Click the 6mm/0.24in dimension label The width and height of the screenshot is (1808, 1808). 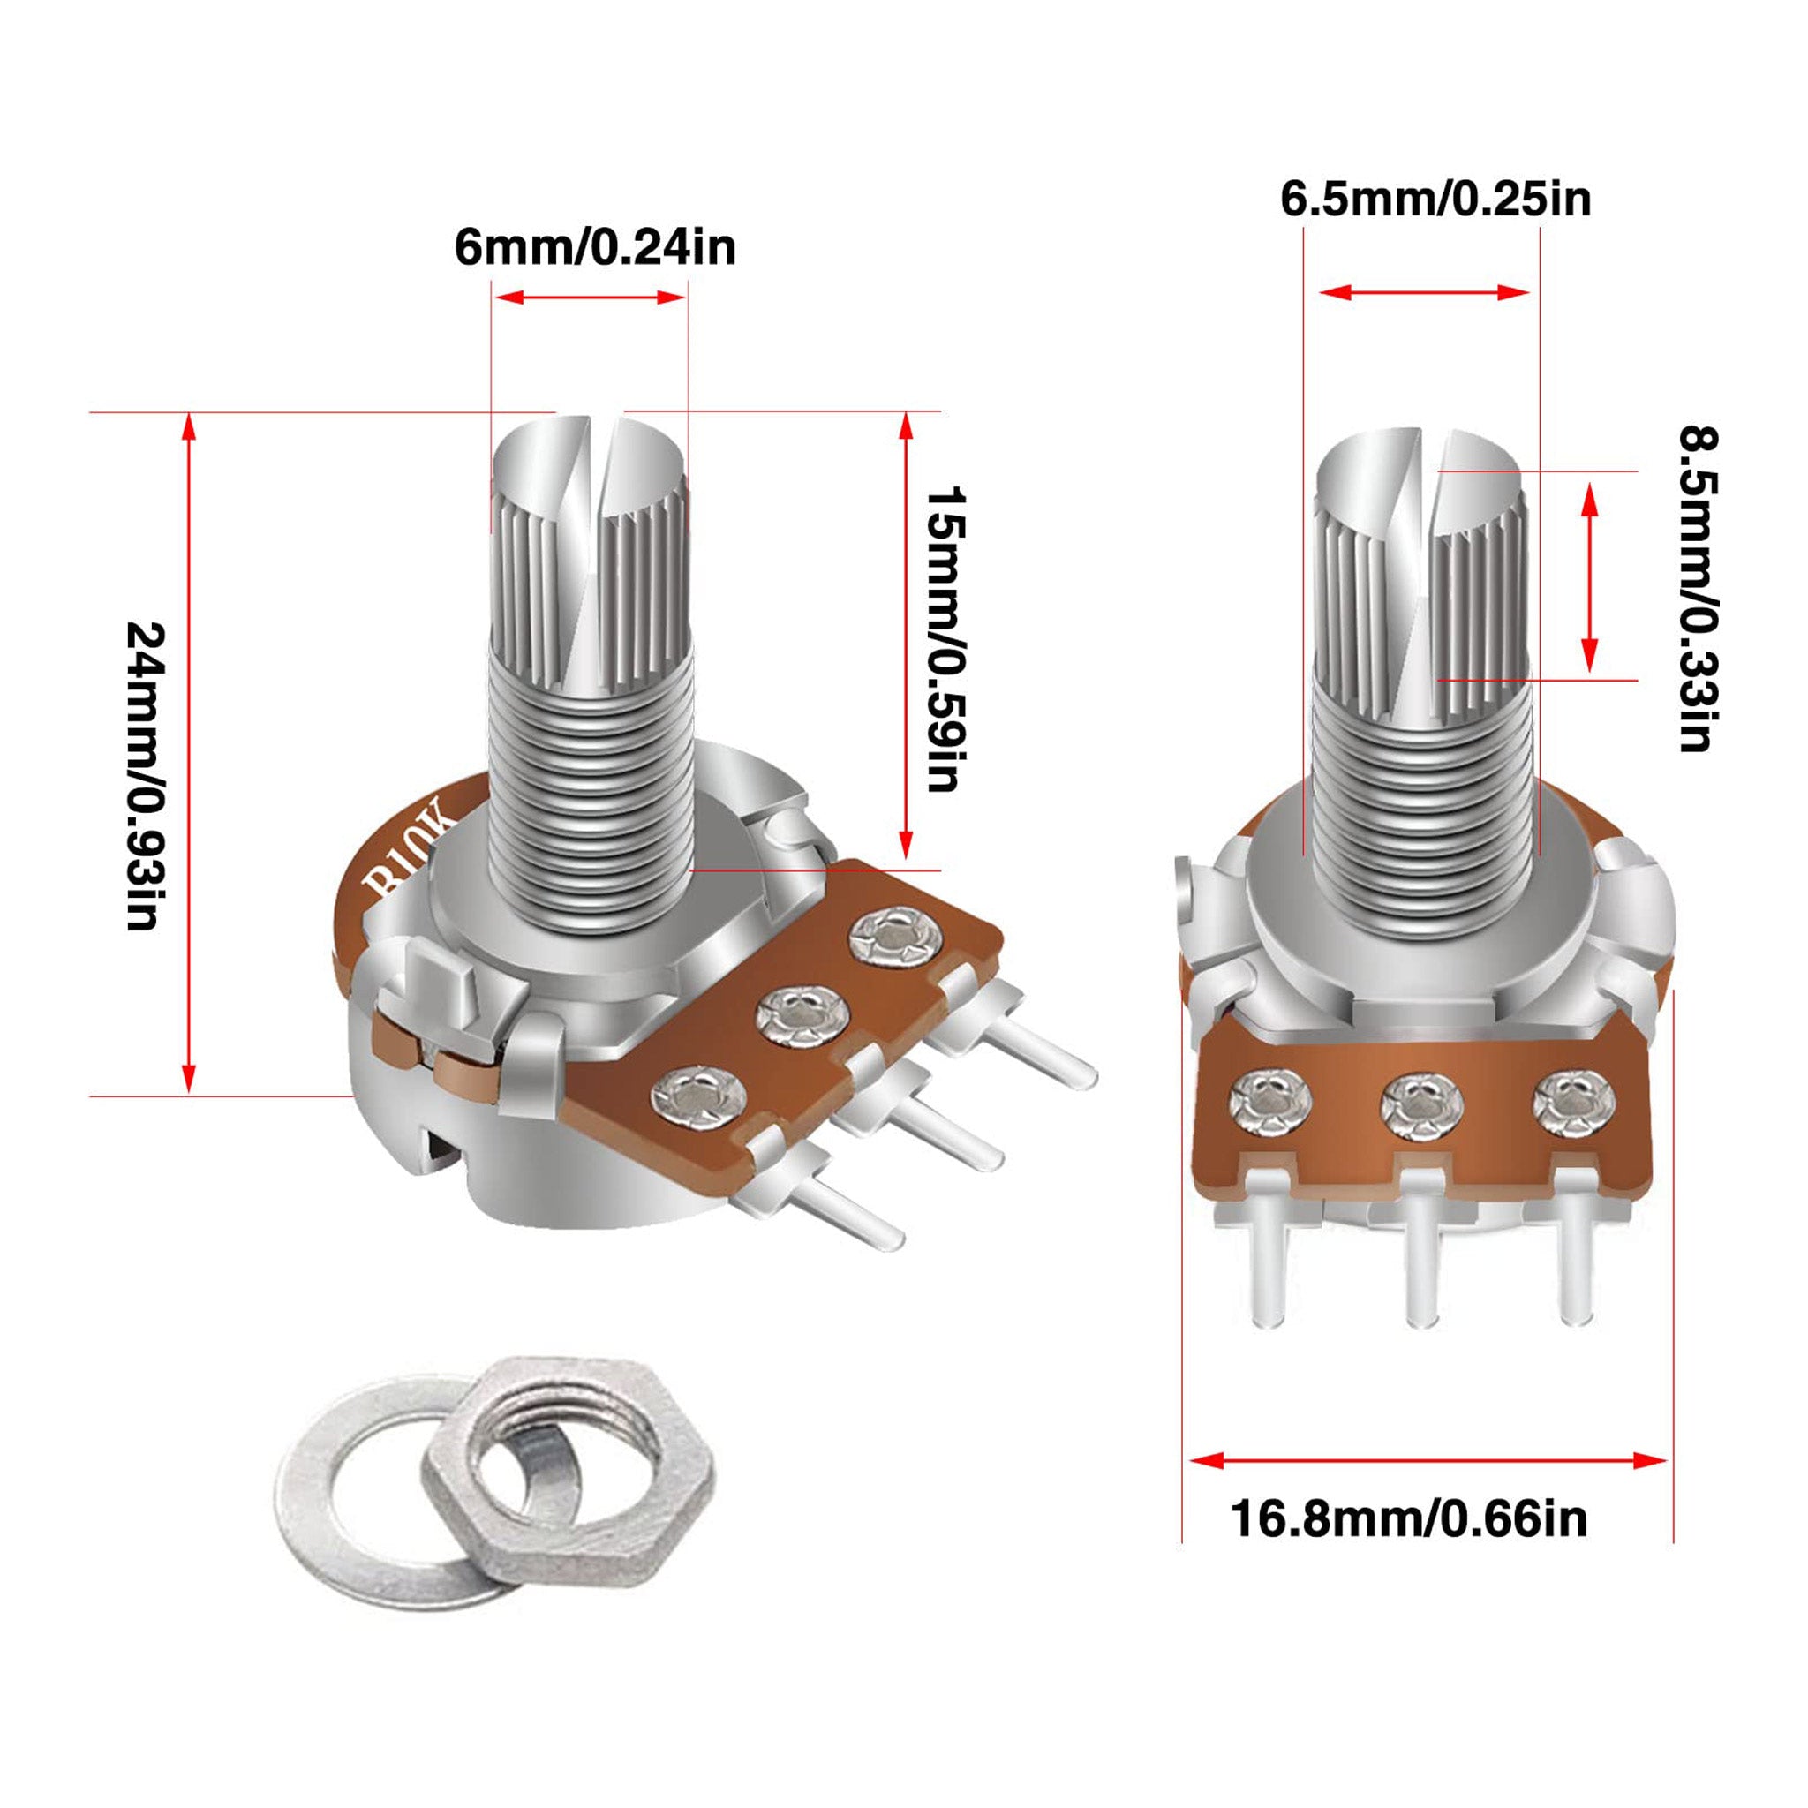(x=595, y=248)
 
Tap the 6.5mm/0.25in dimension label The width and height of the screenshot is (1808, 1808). (x=1435, y=200)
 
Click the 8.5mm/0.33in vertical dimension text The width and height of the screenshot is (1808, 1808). (x=1697, y=589)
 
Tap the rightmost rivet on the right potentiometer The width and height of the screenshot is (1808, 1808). (x=1573, y=1104)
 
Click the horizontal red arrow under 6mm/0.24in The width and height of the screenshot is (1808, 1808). (x=591, y=298)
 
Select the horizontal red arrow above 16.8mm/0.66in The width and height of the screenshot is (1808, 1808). (x=1428, y=1460)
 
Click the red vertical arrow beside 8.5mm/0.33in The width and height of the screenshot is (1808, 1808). (x=1589, y=576)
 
